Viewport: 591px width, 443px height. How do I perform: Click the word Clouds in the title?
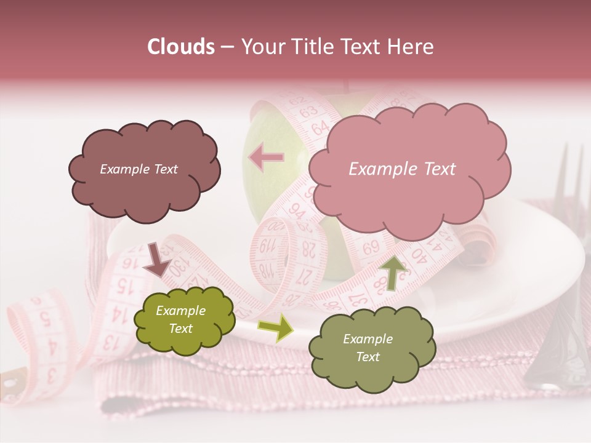(x=181, y=47)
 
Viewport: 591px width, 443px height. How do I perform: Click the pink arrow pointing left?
(x=267, y=158)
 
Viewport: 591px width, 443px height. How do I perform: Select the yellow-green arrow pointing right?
(x=275, y=327)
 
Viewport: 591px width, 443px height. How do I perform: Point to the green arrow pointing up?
(x=393, y=271)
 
